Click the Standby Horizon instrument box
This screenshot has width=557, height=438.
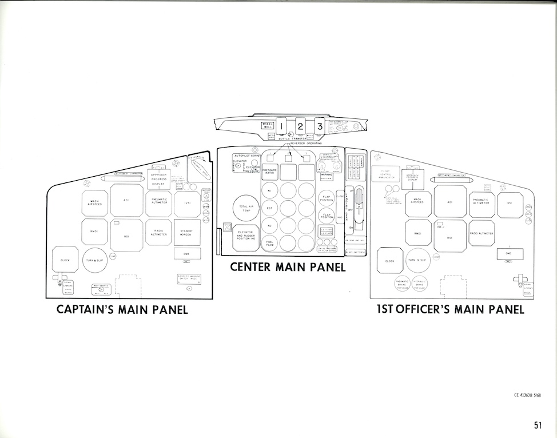[186, 232]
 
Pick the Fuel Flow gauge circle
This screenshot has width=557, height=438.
[270, 244]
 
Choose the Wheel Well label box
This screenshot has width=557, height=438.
[268, 125]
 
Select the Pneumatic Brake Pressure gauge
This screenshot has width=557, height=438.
[404, 284]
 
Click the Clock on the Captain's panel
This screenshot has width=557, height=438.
[65, 260]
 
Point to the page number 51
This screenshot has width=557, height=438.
[537, 424]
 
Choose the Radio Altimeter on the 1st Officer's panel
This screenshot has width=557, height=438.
[482, 233]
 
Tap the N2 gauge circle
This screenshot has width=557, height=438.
[270, 226]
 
